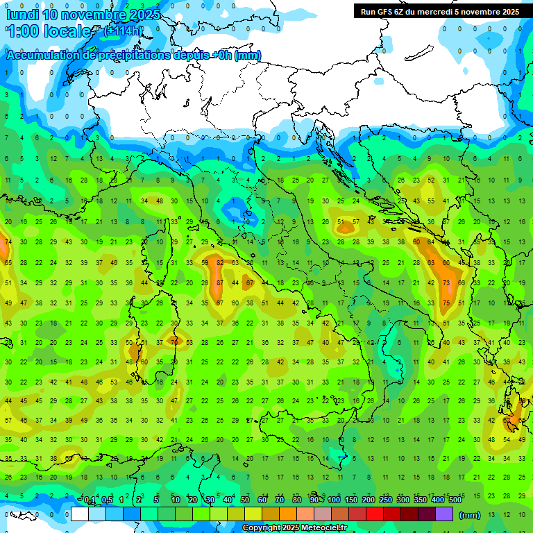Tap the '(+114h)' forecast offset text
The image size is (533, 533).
click(123, 31)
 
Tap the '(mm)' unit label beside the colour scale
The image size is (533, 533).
click(470, 515)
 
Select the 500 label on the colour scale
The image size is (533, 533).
click(455, 500)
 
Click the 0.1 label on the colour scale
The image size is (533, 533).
click(90, 500)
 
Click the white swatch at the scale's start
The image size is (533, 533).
click(80, 514)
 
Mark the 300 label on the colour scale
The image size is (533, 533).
click(403, 500)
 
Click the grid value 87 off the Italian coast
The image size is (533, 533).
click(220, 283)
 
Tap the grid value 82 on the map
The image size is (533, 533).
click(220, 263)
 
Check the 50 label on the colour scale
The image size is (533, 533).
click(245, 500)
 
